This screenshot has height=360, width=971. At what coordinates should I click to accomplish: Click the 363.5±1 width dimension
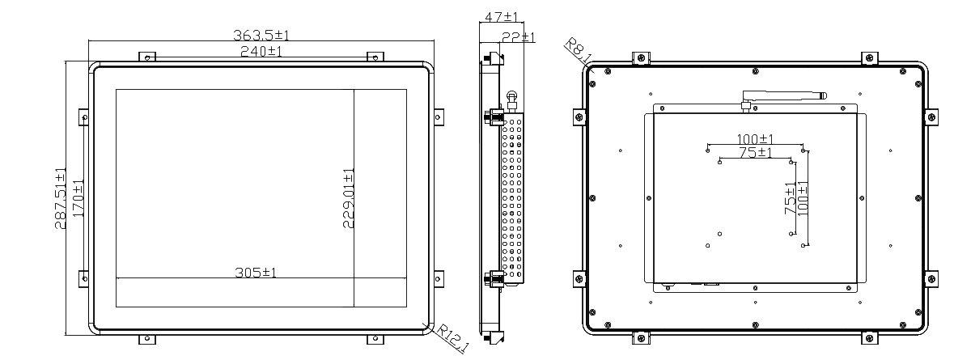pos(261,35)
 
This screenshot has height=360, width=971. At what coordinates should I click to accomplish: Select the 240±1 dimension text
pos(261,51)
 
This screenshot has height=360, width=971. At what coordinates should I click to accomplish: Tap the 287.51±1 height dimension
pos(60,198)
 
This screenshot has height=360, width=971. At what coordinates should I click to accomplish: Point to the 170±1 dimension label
pos(78,198)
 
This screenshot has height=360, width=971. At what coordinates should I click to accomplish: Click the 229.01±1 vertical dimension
pos(349,198)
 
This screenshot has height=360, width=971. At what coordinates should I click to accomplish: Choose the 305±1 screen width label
pos(256,273)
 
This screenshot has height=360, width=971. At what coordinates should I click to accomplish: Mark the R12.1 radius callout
pos(452,338)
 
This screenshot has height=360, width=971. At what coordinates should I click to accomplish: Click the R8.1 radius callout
pos(579,50)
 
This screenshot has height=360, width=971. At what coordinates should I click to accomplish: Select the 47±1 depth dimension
pos(501,17)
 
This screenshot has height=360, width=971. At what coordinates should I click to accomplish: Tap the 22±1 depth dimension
pos(519,37)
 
